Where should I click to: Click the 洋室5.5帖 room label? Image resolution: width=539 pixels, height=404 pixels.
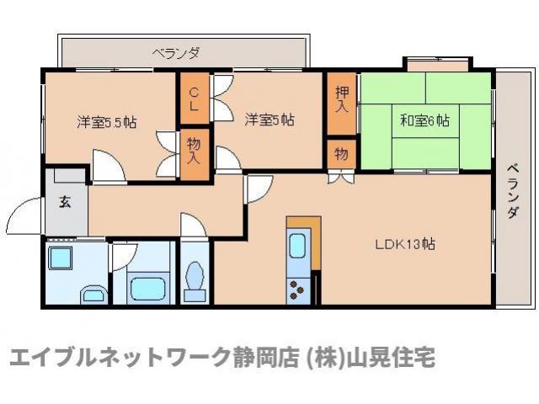[x=106, y=122]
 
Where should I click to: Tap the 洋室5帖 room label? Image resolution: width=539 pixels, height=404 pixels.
[x=269, y=120]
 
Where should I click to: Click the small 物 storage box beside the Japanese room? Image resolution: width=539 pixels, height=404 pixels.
[x=341, y=154]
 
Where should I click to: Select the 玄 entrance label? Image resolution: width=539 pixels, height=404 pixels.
[x=65, y=202]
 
